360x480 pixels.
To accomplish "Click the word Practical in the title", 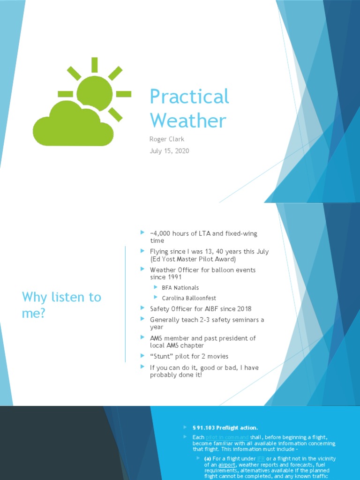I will pyautogui.click(x=189, y=97).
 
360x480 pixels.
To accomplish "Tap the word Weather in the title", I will pyautogui.click(x=188, y=120).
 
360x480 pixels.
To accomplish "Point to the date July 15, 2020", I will pyautogui.click(x=169, y=150).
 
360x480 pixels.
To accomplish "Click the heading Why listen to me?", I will pyautogui.click(x=61, y=305).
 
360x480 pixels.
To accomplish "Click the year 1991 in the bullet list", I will pyautogui.click(x=172, y=277).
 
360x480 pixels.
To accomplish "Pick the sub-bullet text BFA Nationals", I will pyautogui.click(x=180, y=288).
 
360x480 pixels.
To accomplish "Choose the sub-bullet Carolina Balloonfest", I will pyautogui.click(x=189, y=298).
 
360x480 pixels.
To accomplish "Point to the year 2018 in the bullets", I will pyautogui.click(x=243, y=309).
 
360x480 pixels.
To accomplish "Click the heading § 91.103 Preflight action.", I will pyautogui.click(x=225, y=427).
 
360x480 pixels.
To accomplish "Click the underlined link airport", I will pyautogui.click(x=227, y=465).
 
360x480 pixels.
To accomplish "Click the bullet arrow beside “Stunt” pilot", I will pyautogui.click(x=143, y=356).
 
